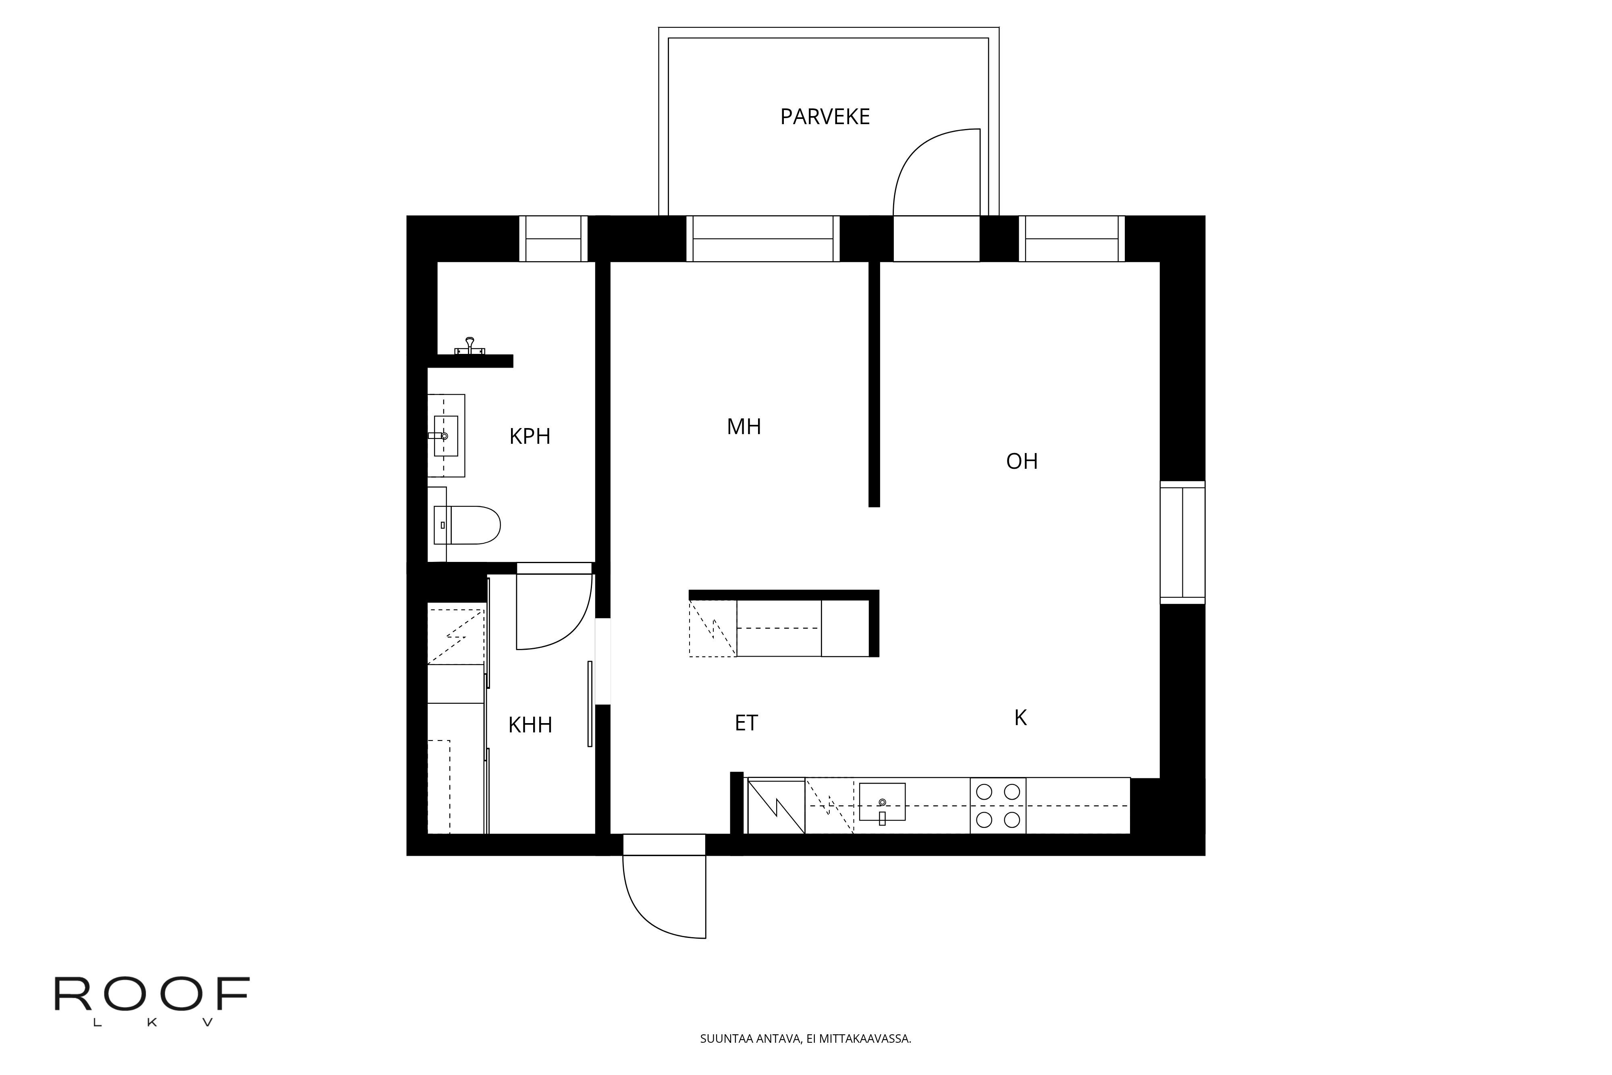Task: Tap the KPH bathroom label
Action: coord(530,436)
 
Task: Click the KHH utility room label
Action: coord(530,725)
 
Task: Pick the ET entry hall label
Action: coord(746,723)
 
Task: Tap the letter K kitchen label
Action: coord(1020,718)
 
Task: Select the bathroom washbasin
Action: coord(445,435)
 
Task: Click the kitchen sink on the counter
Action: coord(882,802)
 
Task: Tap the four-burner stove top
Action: coord(998,806)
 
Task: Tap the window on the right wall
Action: coord(1182,542)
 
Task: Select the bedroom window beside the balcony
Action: coord(763,239)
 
